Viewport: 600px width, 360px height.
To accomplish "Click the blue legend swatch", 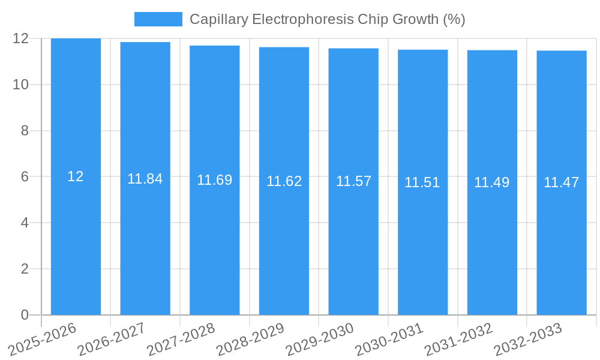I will click(158, 19).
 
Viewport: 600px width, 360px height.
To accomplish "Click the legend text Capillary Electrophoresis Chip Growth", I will click(327, 19).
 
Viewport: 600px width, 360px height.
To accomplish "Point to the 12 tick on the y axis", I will click(20, 38).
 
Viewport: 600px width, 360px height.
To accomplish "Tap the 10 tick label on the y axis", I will click(20, 85).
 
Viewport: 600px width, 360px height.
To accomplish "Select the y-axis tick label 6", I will click(25, 177).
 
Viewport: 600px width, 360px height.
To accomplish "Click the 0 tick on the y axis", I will click(25, 315).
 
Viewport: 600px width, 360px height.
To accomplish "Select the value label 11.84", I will click(145, 179).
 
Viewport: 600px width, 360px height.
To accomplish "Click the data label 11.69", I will click(214, 180).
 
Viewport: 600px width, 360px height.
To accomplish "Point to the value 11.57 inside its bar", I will click(353, 181).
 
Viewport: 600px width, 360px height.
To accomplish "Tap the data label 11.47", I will click(561, 182).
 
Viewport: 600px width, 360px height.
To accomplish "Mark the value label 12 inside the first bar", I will click(76, 176).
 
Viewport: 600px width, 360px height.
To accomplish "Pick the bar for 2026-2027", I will click(145, 240).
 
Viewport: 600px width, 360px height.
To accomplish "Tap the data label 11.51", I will click(422, 182).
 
